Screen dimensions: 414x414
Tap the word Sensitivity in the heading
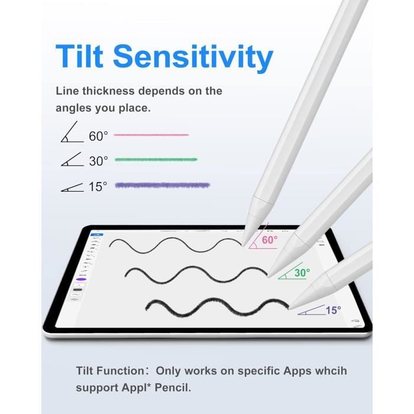click(193, 57)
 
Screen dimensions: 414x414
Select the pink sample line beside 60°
click(151, 135)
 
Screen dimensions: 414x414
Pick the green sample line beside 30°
click(156, 160)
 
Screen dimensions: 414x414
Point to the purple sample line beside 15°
click(162, 185)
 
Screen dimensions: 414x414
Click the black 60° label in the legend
click(99, 136)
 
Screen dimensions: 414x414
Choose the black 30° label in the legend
click(99, 160)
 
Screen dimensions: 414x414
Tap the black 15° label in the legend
click(98, 186)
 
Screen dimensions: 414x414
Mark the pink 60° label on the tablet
click(269, 240)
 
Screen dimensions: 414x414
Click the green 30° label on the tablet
click(302, 273)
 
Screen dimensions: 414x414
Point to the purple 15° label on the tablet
click(333, 310)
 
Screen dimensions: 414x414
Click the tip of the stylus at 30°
click(267, 276)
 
